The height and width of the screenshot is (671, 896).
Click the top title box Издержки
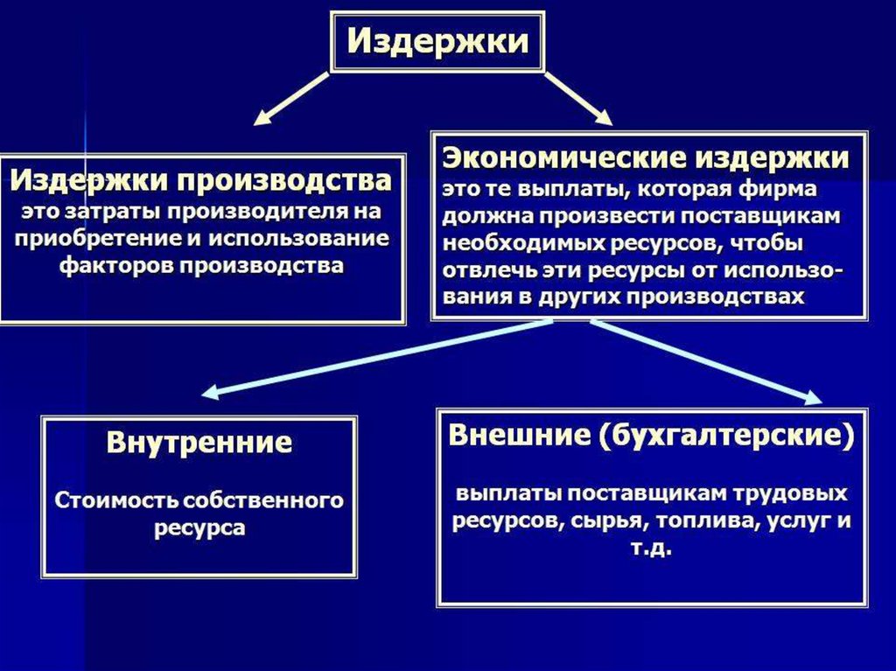tap(437, 41)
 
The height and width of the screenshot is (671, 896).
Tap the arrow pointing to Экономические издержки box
tap(578, 98)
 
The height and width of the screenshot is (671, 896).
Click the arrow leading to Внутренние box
tap(376, 356)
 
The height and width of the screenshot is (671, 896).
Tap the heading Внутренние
tap(199, 442)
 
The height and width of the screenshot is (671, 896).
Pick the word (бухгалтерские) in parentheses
tap(725, 436)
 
